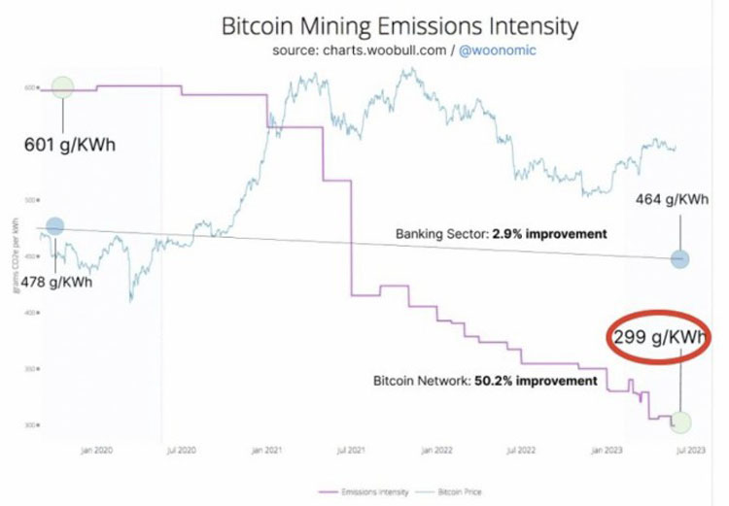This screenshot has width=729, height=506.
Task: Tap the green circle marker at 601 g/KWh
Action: [x=62, y=86]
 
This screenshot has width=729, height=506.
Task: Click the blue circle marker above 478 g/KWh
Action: [x=53, y=226]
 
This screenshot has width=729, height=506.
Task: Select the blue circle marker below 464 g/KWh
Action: [x=679, y=259]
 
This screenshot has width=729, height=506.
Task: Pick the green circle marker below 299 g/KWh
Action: [x=680, y=422]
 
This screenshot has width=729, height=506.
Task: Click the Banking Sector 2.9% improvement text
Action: [x=501, y=234]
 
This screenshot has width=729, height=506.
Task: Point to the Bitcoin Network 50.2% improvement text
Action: [x=485, y=381]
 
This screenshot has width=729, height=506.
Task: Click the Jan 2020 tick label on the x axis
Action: [x=100, y=451]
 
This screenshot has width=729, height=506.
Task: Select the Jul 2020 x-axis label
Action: [x=183, y=451]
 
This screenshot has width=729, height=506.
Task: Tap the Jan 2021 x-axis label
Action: [x=266, y=451]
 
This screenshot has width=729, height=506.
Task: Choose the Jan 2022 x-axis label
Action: [x=433, y=451]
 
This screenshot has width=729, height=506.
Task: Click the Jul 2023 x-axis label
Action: [x=681, y=451]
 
